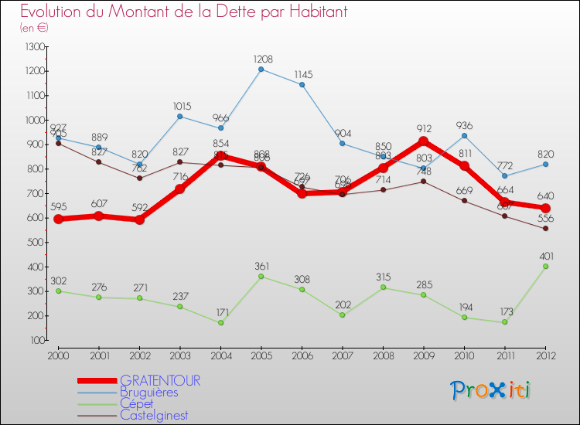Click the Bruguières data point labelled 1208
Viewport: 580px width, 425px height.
pos(261,69)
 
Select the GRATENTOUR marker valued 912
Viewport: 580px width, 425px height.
pos(423,141)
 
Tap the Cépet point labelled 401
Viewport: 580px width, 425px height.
pos(545,267)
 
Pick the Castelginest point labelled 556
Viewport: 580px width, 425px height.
pos(545,228)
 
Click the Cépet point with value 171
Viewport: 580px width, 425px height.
pos(220,323)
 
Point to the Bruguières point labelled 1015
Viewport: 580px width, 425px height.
pos(179,116)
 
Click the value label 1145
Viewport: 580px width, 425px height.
pos(302,74)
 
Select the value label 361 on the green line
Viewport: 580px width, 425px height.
pos(261,267)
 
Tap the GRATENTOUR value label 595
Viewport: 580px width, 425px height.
pos(58,207)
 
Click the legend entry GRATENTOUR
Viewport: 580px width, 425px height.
pos(160,380)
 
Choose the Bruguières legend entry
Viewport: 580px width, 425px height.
pos(148,392)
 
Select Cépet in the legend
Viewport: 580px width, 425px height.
pos(136,403)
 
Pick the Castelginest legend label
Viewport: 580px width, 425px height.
pos(154,415)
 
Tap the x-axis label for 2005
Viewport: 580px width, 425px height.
pos(261,355)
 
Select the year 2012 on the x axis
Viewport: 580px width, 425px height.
pos(545,355)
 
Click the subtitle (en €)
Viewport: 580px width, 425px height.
pos(34,28)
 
